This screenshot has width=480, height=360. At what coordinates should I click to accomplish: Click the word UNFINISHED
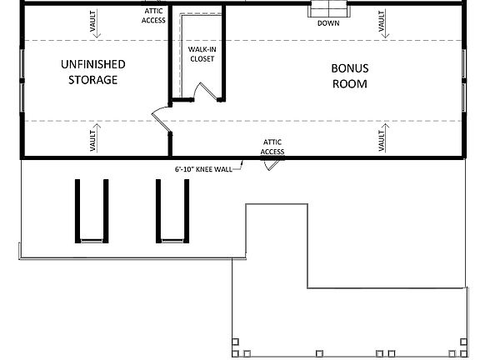point(92,63)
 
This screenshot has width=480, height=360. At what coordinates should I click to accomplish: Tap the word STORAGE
point(92,80)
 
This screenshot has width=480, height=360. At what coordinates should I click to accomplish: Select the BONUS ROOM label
point(349,76)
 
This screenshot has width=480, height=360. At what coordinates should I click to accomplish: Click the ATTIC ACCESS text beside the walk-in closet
point(153,15)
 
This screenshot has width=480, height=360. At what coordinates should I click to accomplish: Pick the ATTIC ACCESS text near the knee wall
point(272,147)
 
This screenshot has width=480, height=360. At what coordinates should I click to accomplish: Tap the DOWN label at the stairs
point(328,22)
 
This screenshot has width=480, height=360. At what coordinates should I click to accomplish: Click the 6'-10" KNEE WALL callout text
point(203,168)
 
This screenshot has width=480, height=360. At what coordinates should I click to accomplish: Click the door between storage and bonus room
point(159,119)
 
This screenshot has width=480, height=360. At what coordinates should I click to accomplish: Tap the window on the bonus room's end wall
point(464,80)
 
